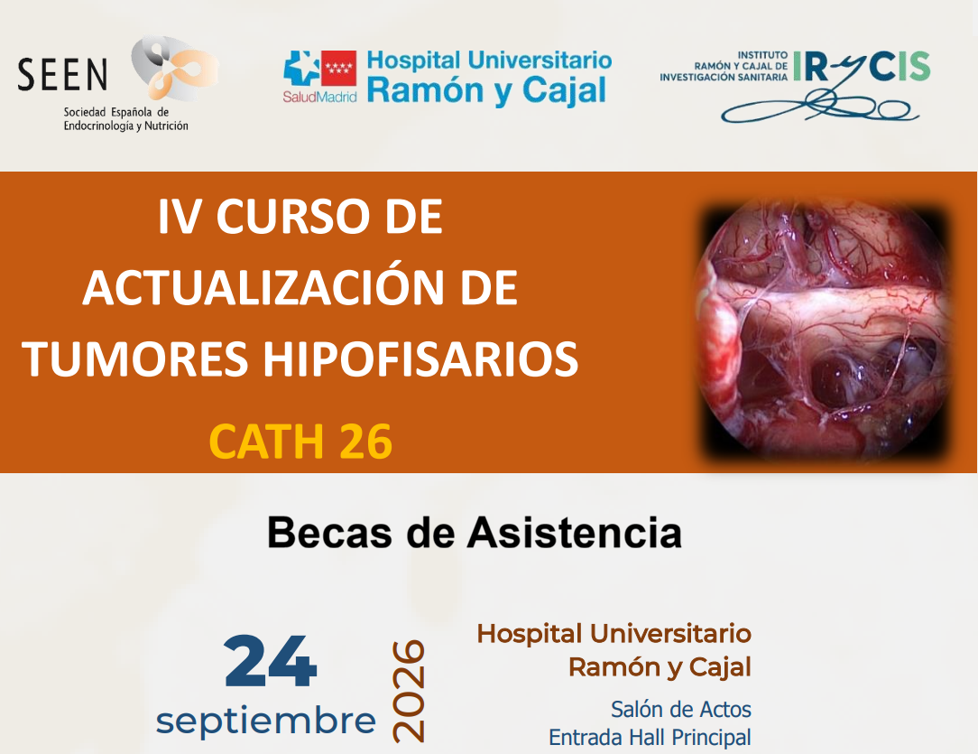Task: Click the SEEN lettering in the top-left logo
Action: pos(62,75)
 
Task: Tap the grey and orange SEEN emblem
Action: pos(174,68)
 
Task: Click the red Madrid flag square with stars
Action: pos(338,68)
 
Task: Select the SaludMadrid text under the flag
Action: pos(319,97)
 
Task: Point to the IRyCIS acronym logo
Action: pos(862,67)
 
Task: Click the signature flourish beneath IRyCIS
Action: pos(820,107)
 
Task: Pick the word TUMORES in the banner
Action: pos(135,358)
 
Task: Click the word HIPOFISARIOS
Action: pos(420,358)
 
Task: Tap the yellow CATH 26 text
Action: pos(300,442)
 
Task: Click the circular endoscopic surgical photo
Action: pos(825,329)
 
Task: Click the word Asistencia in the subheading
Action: pos(575,533)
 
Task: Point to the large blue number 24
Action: pos(271,662)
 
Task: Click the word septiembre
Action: pos(266,721)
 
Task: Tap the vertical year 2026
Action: pos(409,690)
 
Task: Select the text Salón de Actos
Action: pos(681,710)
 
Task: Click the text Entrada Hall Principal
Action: pos(650,738)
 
